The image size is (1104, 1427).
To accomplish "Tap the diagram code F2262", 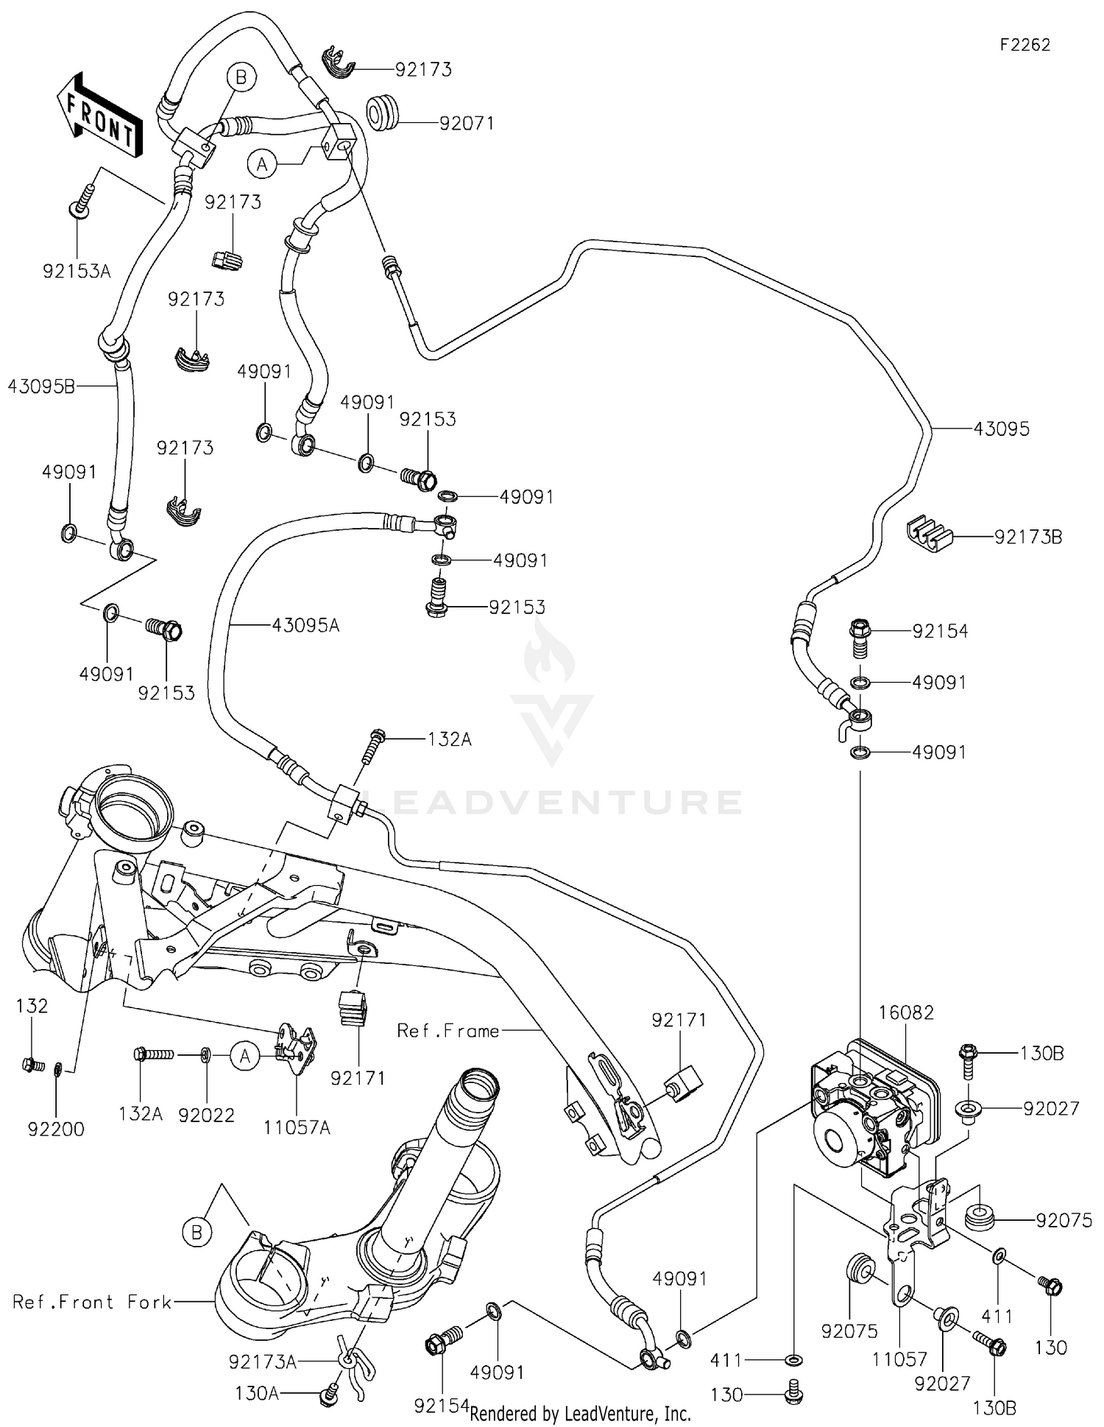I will pyautogui.click(x=1025, y=45).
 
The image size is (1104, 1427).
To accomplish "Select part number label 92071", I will pyautogui.click(x=467, y=123).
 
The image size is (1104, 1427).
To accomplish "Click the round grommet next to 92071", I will pyautogui.click(x=383, y=110).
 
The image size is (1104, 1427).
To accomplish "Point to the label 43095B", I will pyautogui.click(x=41, y=386).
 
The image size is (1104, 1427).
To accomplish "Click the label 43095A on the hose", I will pyautogui.click(x=305, y=626).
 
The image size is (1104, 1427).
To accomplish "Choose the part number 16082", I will pyautogui.click(x=905, y=1012).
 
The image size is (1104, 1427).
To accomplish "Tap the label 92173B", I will pyautogui.click(x=1028, y=538).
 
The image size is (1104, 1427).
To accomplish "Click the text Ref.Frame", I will pyautogui.click(x=447, y=1031).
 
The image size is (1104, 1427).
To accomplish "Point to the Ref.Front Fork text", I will pyautogui.click(x=92, y=1302).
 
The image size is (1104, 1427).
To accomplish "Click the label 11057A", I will pyautogui.click(x=297, y=1127).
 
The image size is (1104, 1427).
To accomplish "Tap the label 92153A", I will pyautogui.click(x=77, y=272).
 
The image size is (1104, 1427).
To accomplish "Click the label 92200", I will pyautogui.click(x=56, y=1129).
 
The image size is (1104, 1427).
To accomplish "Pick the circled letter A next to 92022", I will pyautogui.click(x=245, y=1057).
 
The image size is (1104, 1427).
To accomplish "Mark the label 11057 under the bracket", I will pyautogui.click(x=899, y=1359).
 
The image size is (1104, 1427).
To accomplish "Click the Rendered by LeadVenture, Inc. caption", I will pyautogui.click(x=580, y=1413).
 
